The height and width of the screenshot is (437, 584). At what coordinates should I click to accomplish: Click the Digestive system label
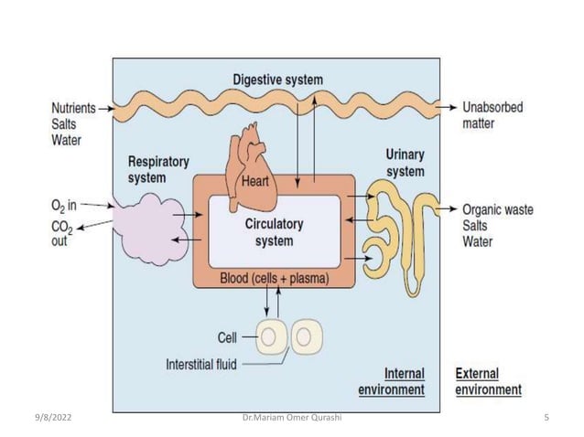point(277,80)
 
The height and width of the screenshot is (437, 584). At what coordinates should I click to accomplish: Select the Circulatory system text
point(274,232)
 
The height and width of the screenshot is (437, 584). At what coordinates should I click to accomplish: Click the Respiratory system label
point(158,168)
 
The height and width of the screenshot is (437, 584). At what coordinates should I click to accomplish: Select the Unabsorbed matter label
point(492,114)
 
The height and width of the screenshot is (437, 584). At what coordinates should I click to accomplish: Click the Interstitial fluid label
point(201,364)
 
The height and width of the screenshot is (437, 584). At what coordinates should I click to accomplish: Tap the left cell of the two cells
point(269,338)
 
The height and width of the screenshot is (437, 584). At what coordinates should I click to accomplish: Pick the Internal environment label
point(404,382)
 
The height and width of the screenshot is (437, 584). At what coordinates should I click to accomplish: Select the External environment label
point(488,382)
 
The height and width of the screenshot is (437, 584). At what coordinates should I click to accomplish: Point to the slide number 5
point(546,418)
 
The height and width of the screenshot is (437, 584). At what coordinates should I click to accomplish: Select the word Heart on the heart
point(254,181)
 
